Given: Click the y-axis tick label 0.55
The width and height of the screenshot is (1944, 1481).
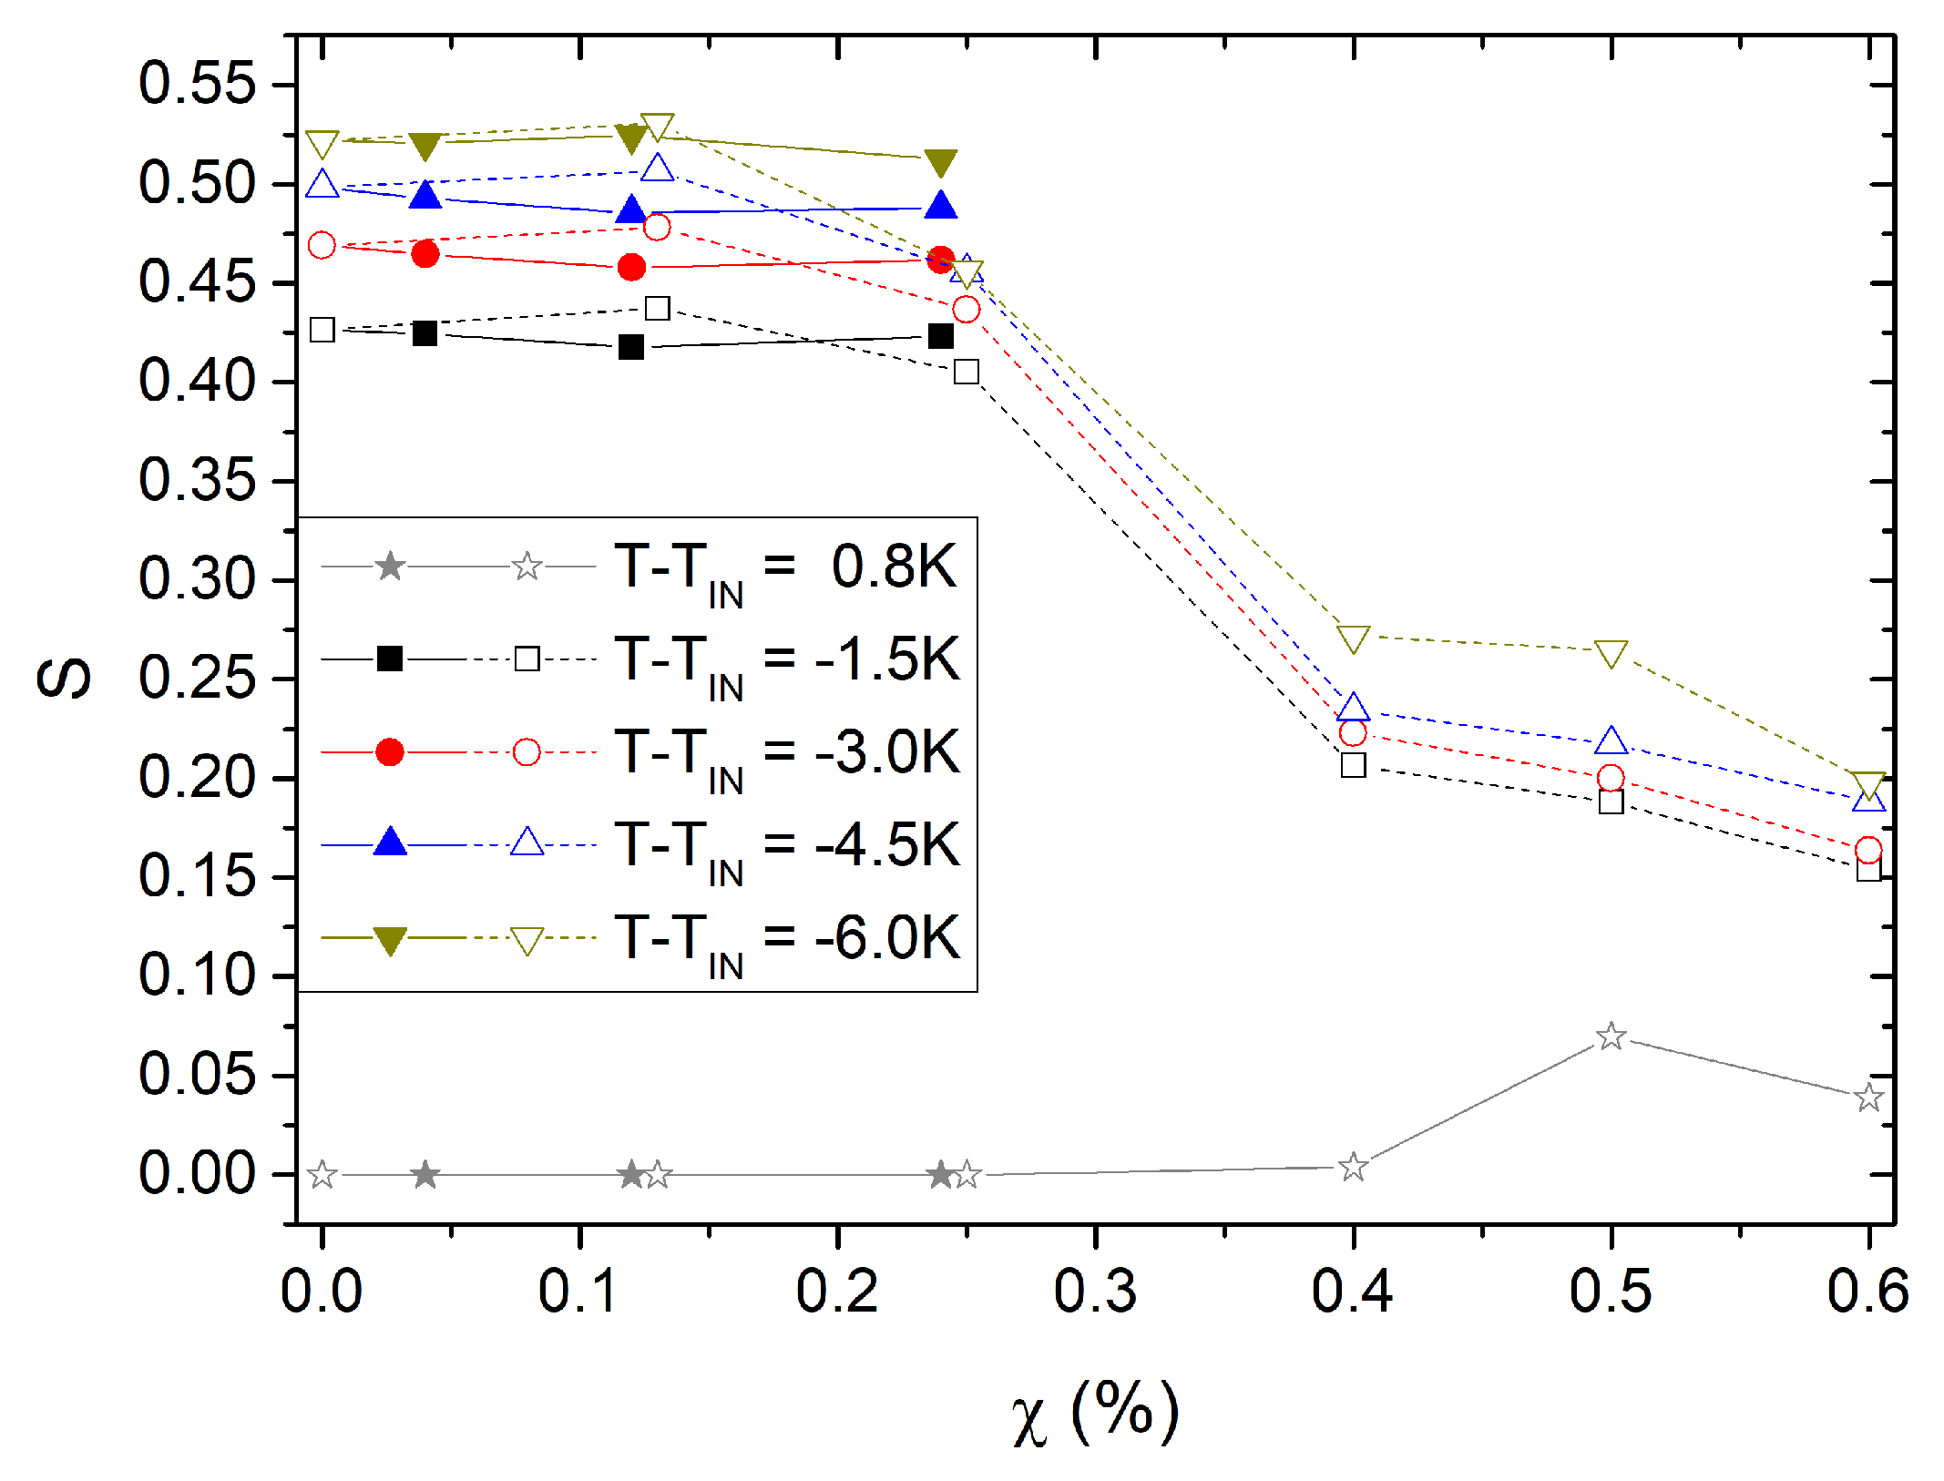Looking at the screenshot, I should point(197,84).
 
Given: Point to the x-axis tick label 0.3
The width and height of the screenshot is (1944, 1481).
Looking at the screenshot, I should point(1095,1291).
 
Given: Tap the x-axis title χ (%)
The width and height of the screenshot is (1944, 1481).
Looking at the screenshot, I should point(1095,1413).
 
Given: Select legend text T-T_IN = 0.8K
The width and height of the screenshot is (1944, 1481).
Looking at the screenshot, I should point(785,571).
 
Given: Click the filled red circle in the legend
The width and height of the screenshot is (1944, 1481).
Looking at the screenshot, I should point(390,752).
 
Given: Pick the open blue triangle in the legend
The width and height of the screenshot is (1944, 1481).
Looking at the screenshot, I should point(527,843).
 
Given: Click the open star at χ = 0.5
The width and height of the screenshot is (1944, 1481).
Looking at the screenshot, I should point(1611,1037).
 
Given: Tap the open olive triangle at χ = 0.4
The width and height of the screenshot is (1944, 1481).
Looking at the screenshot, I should point(1353,638).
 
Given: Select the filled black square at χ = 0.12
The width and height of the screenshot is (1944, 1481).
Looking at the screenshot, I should point(631,347).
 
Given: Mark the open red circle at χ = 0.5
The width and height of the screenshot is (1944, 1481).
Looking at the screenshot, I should point(1611,778).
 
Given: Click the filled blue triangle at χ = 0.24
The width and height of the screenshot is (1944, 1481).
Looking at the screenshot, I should point(941,206).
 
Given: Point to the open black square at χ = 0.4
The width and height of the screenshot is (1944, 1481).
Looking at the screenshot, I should point(1353,765).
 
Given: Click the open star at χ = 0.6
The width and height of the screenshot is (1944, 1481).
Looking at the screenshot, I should point(1868,1098).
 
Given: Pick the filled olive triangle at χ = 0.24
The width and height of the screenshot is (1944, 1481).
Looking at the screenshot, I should point(941,162).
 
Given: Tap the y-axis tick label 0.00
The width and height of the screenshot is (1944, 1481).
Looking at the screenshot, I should point(197,1173).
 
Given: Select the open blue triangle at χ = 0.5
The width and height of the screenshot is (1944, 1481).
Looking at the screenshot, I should point(1611,741).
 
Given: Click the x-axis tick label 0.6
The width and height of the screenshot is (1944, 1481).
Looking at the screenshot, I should point(1867,1291).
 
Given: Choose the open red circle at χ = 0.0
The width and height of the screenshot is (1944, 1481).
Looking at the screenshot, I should point(322,245).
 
